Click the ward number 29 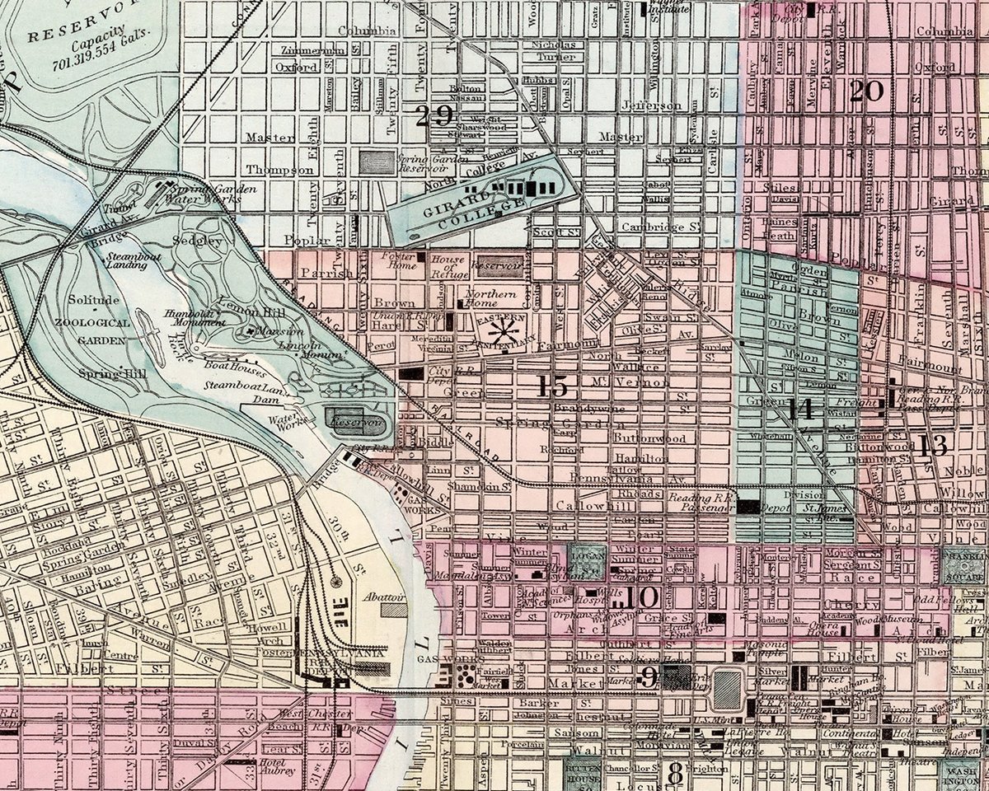coord(434,116)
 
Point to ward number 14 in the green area coord(799,409)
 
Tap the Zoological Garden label coord(91,330)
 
